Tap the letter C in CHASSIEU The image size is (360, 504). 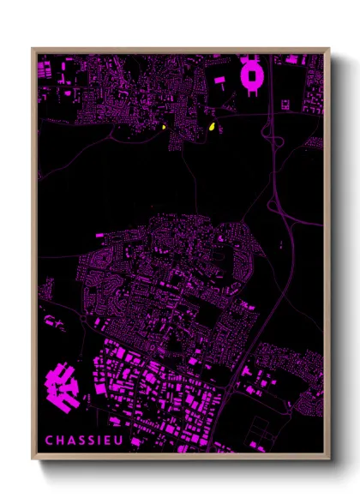click(50, 441)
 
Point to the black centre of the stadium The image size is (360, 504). click(253, 76)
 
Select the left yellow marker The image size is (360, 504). click(161, 128)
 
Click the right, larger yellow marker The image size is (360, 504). click(211, 128)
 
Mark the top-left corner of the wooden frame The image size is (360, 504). click(33, 49)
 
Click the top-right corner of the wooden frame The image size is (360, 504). click(328, 49)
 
